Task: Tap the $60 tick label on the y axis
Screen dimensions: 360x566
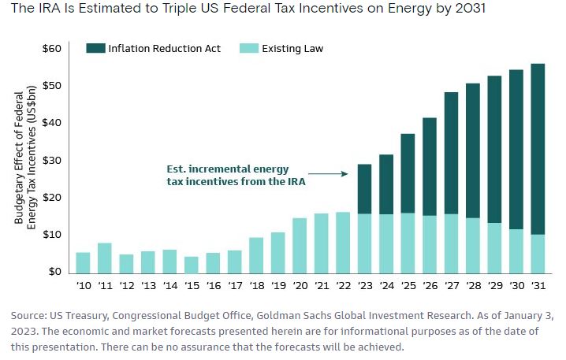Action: (51, 49)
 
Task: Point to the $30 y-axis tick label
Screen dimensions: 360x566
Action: (51, 160)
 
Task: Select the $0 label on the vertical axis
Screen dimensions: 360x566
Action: (54, 272)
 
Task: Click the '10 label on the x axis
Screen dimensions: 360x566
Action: (84, 287)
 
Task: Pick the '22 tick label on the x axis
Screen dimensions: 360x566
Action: (342, 287)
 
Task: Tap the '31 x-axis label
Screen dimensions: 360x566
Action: (537, 287)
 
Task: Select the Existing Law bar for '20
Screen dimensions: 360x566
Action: (300, 245)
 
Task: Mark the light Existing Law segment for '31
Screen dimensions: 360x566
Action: (537, 254)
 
